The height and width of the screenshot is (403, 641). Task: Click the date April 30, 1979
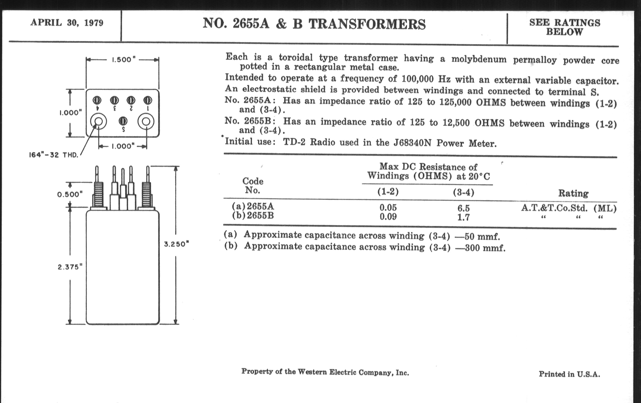click(x=67, y=23)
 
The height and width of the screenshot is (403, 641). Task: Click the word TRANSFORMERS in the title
click(x=367, y=24)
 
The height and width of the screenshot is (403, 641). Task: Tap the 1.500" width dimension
click(x=122, y=60)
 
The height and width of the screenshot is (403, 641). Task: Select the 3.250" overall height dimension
click(x=176, y=244)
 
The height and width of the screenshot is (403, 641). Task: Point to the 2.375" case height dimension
click(x=70, y=267)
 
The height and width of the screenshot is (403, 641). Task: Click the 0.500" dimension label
click(x=70, y=194)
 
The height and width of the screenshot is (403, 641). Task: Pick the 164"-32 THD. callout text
click(x=54, y=155)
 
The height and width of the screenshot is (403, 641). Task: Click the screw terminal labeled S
click(x=123, y=121)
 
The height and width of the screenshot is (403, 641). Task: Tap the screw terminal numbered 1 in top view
click(x=148, y=100)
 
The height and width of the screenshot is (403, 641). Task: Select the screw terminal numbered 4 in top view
click(x=97, y=100)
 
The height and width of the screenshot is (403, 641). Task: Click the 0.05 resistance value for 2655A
click(x=388, y=207)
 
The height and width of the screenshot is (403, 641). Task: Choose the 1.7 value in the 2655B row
click(x=463, y=218)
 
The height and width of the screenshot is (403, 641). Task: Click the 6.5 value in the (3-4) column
click(x=463, y=208)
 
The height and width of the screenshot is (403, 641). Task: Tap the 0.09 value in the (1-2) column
click(x=388, y=217)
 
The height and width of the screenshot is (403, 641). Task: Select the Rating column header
click(x=573, y=193)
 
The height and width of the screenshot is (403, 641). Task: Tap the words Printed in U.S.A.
click(x=569, y=374)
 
